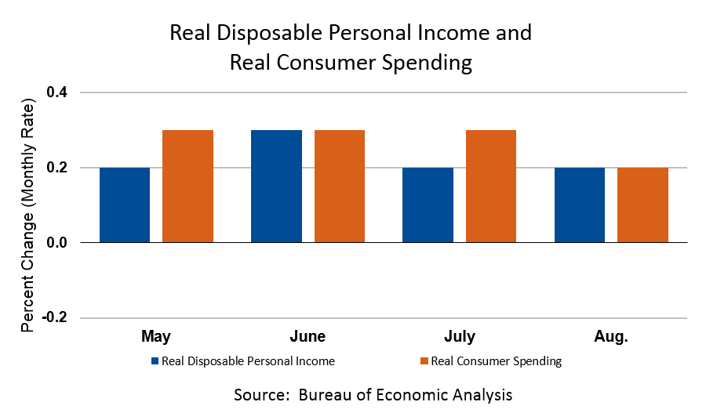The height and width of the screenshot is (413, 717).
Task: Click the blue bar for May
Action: (x=125, y=205)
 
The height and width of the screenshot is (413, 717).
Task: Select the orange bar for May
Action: (x=187, y=187)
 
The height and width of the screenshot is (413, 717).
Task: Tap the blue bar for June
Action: (x=276, y=187)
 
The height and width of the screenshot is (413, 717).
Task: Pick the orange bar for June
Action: (x=339, y=187)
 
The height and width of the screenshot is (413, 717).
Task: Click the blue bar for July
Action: (x=428, y=205)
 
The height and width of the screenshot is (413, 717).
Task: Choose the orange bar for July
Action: (x=490, y=187)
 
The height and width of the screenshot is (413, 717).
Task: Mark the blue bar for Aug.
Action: (x=579, y=205)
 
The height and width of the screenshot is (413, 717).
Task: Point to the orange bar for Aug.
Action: (x=642, y=205)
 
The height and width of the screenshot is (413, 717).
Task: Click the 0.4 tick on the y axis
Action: (x=57, y=93)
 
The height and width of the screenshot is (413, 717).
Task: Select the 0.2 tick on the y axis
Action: (x=57, y=168)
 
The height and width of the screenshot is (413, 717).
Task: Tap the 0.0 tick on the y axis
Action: (x=57, y=243)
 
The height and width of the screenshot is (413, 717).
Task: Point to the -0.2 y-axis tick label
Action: (x=55, y=318)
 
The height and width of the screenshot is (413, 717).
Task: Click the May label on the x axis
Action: (x=156, y=337)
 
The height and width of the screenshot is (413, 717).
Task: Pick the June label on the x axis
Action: (x=308, y=337)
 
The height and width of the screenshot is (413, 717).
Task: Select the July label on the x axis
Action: (x=459, y=337)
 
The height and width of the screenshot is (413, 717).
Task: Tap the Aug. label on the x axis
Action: (x=611, y=337)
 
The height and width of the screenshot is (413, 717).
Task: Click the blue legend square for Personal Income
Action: (x=155, y=361)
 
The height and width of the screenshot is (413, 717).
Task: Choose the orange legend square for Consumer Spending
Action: (x=424, y=361)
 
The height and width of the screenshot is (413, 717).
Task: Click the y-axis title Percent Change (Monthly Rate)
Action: (x=28, y=216)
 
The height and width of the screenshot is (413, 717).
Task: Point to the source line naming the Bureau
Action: (x=373, y=394)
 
